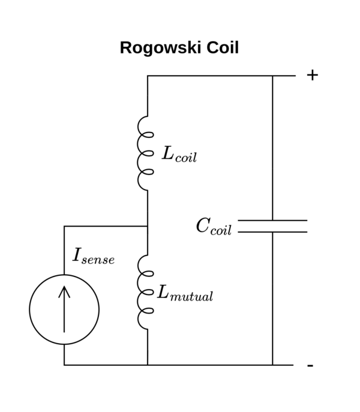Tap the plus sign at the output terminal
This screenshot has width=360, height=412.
pos(312,75)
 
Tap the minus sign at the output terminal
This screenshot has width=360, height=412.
pos(310,365)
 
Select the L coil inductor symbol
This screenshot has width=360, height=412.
pos(145,154)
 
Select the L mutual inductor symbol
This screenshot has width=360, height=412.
pos(145,292)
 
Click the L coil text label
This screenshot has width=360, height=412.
pos(179,155)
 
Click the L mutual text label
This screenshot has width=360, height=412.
pos(185,293)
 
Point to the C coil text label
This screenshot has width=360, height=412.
pos(213,227)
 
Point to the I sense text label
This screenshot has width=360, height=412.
pos(93,256)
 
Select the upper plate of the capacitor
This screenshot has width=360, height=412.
pos(272,221)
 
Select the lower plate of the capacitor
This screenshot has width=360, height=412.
pos(272,231)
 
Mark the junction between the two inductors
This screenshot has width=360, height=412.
pos(148,226)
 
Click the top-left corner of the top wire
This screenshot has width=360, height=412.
pos(148,76)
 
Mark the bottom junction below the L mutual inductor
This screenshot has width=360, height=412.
pos(148,365)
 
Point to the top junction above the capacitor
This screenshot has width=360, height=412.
pos(272,76)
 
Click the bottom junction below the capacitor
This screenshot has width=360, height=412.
pos(272,365)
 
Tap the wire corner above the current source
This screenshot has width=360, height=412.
pos(64,226)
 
